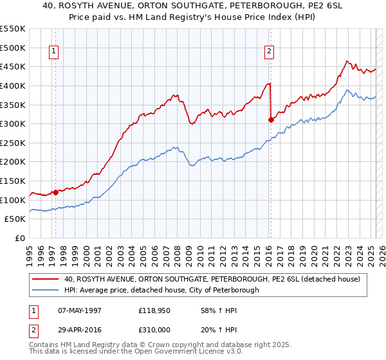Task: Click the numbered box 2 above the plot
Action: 268,53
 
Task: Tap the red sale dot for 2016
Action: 271,120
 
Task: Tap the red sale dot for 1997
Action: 56,192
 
